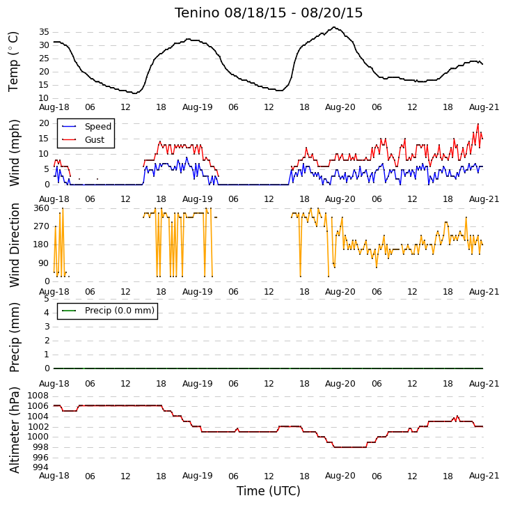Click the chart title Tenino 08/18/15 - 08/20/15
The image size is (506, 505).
coord(269,13)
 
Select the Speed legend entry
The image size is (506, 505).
coord(86,126)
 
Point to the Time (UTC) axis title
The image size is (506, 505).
coord(269,491)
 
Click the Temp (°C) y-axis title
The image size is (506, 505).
coord(13,62)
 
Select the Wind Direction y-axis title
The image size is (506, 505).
coord(14,245)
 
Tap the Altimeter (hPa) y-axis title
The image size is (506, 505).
coord(14,430)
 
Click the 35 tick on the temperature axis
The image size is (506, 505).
coord(45,32)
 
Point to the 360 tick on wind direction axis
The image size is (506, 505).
coord(41,208)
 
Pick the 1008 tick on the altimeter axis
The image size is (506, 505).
coord(38,396)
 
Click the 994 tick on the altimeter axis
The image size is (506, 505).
coord(38,467)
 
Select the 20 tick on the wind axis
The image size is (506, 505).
coord(45,123)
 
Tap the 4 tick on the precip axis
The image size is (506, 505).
coord(47,313)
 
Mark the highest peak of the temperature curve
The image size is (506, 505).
coord(334,27)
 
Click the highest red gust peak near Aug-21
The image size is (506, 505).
coord(478,124)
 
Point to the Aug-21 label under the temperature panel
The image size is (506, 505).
coord(484,107)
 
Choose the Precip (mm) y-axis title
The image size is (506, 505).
coord(14,337)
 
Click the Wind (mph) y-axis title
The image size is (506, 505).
coord(14,153)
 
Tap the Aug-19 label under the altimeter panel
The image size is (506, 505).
coord(198,476)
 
